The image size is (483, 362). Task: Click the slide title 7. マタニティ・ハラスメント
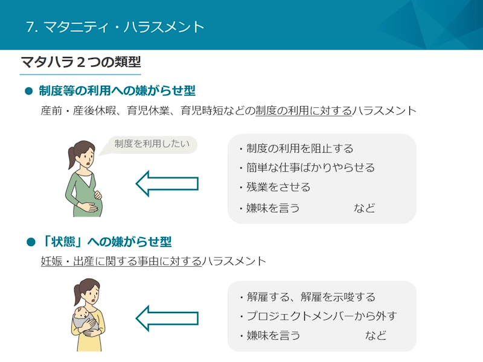click(115, 27)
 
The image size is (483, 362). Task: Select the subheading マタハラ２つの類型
click(81, 62)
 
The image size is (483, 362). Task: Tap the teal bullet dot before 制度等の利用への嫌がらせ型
click(28, 91)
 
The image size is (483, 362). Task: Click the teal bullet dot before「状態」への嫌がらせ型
click(31, 242)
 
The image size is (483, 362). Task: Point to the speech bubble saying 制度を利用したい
click(151, 144)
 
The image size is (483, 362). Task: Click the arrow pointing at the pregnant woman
click(167, 183)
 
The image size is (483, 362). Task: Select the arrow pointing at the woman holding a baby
click(167, 319)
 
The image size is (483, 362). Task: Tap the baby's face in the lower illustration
click(82, 313)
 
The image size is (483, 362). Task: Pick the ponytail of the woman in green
click(71, 157)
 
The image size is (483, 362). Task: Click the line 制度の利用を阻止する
click(296, 148)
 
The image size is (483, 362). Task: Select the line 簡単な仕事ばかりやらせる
click(307, 168)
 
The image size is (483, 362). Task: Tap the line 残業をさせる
click(275, 187)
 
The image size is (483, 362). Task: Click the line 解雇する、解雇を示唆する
click(307, 297)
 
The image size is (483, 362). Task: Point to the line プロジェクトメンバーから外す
click(318, 316)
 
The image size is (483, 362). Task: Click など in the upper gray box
click(365, 208)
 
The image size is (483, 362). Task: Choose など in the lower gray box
click(376, 335)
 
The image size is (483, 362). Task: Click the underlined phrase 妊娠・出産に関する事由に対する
click(121, 261)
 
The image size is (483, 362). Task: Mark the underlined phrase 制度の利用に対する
click(304, 110)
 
